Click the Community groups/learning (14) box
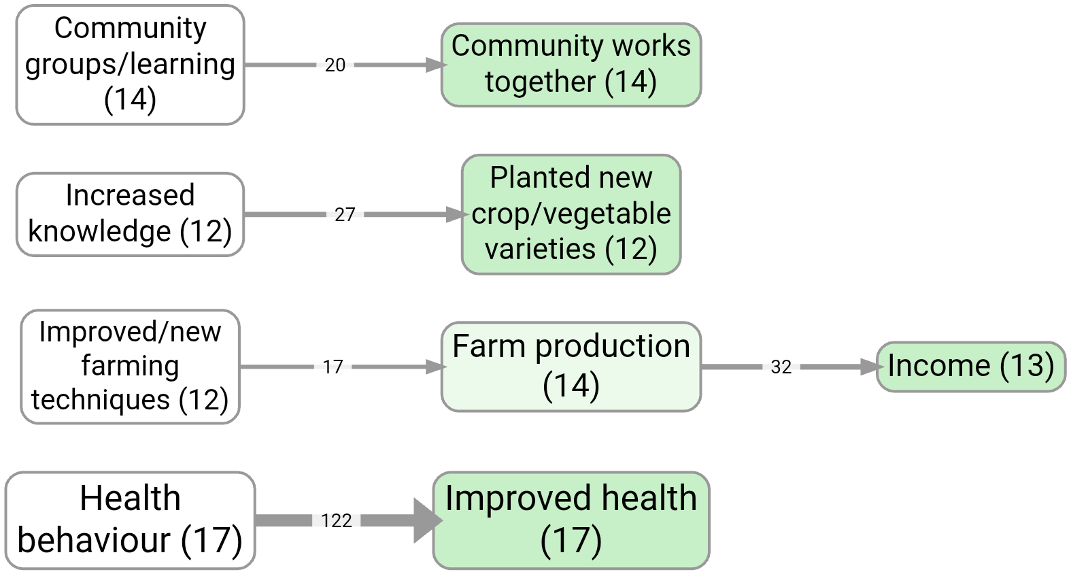coord(130,65)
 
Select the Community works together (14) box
coord(571,65)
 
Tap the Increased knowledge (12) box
coord(130,214)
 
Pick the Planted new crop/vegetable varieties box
coord(571,214)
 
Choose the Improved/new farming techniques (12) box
coord(130,367)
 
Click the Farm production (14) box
coord(571,367)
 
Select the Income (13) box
coord(970,367)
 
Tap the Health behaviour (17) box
coord(130,520)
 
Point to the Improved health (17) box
coord(571,520)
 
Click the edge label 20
coord(335,65)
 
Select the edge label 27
coord(345,215)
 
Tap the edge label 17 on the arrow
coord(333,367)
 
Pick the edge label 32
coord(781,367)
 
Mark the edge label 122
coord(337,521)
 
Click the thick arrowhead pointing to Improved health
coord(427,520)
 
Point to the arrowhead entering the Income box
coord(870,367)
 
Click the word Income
coord(939,366)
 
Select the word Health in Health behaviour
coord(130,499)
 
